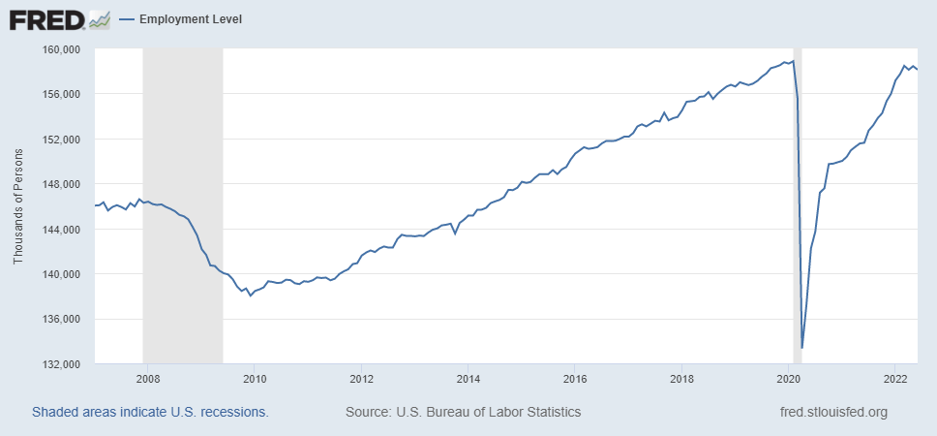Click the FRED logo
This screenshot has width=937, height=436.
pyautogui.click(x=59, y=18)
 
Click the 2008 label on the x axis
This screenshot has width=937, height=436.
pyautogui.click(x=148, y=378)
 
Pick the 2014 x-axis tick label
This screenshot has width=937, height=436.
pyautogui.click(x=468, y=378)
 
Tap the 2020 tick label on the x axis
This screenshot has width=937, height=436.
pyautogui.click(x=789, y=378)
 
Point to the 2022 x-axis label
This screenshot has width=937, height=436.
pyautogui.click(x=895, y=378)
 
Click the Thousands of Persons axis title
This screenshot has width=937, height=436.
pyautogui.click(x=18, y=206)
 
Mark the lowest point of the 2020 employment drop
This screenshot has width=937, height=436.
pyautogui.click(x=802, y=348)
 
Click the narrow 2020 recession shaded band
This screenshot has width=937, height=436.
pyautogui.click(x=798, y=194)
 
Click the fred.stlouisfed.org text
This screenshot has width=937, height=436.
pyautogui.click(x=832, y=412)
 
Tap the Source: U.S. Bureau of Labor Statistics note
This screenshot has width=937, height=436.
pyautogui.click(x=463, y=412)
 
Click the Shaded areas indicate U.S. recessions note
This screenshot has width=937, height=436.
pyautogui.click(x=150, y=412)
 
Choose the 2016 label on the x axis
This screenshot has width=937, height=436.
pyautogui.click(x=575, y=378)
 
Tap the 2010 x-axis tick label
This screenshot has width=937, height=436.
pyautogui.click(x=255, y=378)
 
